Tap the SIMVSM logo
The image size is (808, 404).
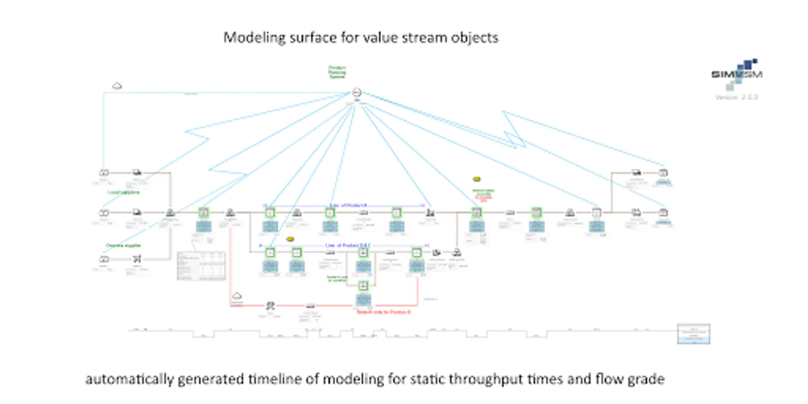(737, 74)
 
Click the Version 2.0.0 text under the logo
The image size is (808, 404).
(736, 97)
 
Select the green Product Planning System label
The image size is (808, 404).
(337, 72)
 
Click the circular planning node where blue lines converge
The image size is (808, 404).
(356, 92)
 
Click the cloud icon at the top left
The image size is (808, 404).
(117, 86)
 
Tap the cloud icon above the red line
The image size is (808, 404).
(237, 296)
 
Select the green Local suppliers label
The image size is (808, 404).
(123, 192)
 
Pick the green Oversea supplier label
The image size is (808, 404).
(123, 246)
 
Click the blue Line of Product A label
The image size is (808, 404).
(348, 205)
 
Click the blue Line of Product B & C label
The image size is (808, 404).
(348, 246)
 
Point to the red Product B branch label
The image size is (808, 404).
(383, 312)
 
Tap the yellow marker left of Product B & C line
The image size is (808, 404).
(290, 239)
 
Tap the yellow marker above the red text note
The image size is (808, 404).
(477, 179)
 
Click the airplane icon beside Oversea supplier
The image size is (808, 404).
(137, 259)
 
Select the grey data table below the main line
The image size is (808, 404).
(201, 266)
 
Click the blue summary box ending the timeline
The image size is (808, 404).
(694, 334)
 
